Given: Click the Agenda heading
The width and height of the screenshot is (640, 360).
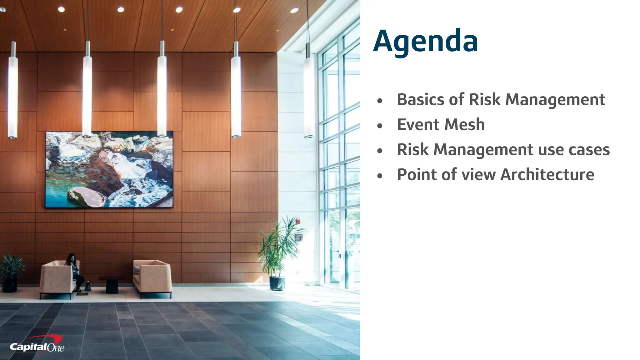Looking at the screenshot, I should pyautogui.click(x=425, y=41).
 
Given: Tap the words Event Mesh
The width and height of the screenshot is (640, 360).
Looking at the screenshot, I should pyautogui.click(x=441, y=125).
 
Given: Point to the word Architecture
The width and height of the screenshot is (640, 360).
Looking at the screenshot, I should pyautogui.click(x=547, y=174).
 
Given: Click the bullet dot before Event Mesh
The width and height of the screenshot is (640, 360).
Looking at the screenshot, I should pyautogui.click(x=380, y=126).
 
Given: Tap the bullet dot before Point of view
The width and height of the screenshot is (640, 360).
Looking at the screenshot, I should pyautogui.click(x=380, y=176).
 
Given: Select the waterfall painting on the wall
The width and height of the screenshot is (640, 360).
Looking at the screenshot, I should pyautogui.click(x=109, y=169).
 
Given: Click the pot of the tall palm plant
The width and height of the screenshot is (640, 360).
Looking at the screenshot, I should pyautogui.click(x=277, y=283).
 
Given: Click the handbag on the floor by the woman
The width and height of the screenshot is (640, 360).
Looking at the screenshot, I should pyautogui.click(x=88, y=286).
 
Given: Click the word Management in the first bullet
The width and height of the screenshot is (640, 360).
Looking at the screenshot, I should pyautogui.click(x=555, y=100).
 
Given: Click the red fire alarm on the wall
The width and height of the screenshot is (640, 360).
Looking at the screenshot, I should pyautogui.click(x=298, y=222).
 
